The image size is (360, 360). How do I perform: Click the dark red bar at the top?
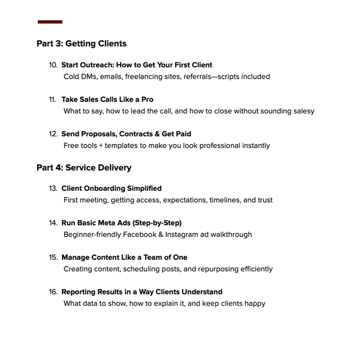pyautogui.click(x=50, y=22)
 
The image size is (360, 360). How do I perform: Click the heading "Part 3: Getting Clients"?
pyautogui.click(x=81, y=44)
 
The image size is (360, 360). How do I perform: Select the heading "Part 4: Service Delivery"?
pyautogui.click(x=83, y=168)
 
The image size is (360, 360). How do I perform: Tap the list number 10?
pyautogui.click(x=53, y=65)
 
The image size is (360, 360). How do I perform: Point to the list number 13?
pyautogui.click(x=53, y=188)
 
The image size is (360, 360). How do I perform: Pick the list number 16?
pyautogui.click(x=53, y=292)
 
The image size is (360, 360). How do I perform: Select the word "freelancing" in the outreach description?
pyautogui.click(x=145, y=77)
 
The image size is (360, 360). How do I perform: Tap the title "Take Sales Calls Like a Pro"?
pyautogui.click(x=107, y=100)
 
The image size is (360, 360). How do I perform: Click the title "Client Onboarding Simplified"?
pyautogui.click(x=112, y=188)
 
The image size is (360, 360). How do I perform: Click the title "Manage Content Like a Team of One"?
pyautogui.click(x=124, y=257)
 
